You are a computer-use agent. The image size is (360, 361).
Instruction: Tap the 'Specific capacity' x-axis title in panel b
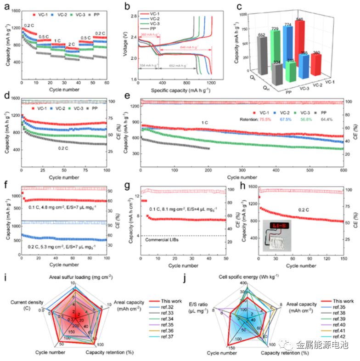[176, 89]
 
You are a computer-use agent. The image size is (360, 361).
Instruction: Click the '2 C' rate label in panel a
[72, 44]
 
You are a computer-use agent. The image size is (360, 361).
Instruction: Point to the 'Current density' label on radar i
[29, 305]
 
